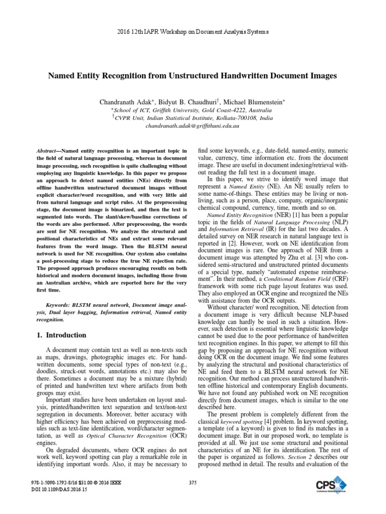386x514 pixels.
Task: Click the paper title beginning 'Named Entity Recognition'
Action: (192, 76)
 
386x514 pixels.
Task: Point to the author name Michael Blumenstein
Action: (254, 101)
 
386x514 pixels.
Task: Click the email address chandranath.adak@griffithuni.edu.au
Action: (192, 126)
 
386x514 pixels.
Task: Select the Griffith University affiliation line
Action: (192, 110)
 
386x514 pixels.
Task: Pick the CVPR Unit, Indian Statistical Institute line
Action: (192, 118)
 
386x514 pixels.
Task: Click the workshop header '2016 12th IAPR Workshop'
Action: (192, 32)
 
